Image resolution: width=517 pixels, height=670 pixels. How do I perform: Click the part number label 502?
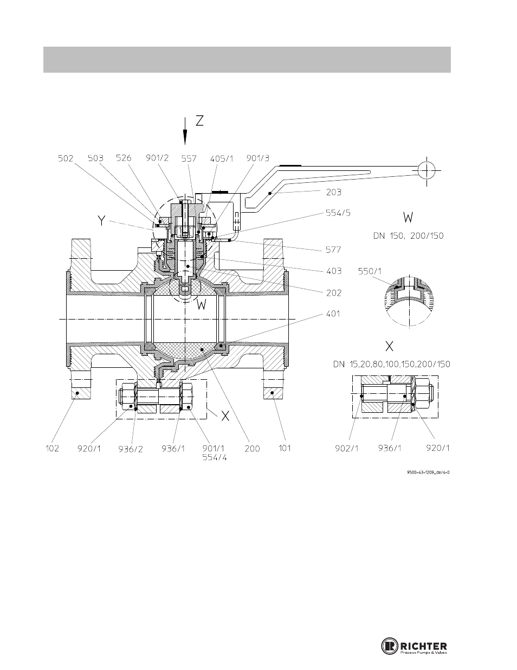click(x=66, y=158)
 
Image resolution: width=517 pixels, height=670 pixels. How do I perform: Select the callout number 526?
click(x=124, y=158)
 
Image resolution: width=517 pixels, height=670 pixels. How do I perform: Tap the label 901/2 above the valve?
click(x=157, y=158)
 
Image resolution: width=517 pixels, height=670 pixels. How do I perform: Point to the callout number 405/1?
click(x=222, y=159)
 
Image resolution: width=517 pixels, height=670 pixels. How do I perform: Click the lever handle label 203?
click(x=334, y=193)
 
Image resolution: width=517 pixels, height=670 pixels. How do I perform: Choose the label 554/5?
click(x=338, y=213)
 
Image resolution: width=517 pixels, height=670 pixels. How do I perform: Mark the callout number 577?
click(x=333, y=250)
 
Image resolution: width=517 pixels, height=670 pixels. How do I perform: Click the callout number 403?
click(x=334, y=271)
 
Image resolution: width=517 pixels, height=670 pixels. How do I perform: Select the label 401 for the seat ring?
click(x=333, y=314)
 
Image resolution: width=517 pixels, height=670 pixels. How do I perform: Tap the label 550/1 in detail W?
click(x=370, y=271)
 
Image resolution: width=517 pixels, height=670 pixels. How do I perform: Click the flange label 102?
click(x=53, y=448)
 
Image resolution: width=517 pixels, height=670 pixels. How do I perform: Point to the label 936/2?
click(x=131, y=449)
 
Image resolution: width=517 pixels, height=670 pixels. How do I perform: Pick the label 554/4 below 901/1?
click(x=214, y=457)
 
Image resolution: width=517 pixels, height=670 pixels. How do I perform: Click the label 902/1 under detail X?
click(x=347, y=448)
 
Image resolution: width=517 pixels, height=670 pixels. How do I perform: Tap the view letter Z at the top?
click(x=199, y=121)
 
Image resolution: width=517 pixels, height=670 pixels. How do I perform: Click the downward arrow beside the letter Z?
click(x=185, y=131)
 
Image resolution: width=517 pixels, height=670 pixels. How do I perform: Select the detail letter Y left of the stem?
click(x=102, y=221)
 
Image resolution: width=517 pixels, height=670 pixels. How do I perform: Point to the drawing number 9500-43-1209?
click(x=428, y=473)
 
